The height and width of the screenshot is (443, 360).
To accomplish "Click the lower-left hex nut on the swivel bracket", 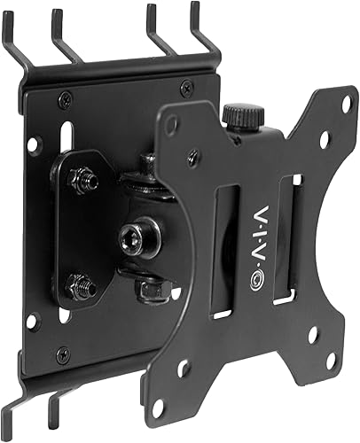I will tap(79, 285).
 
